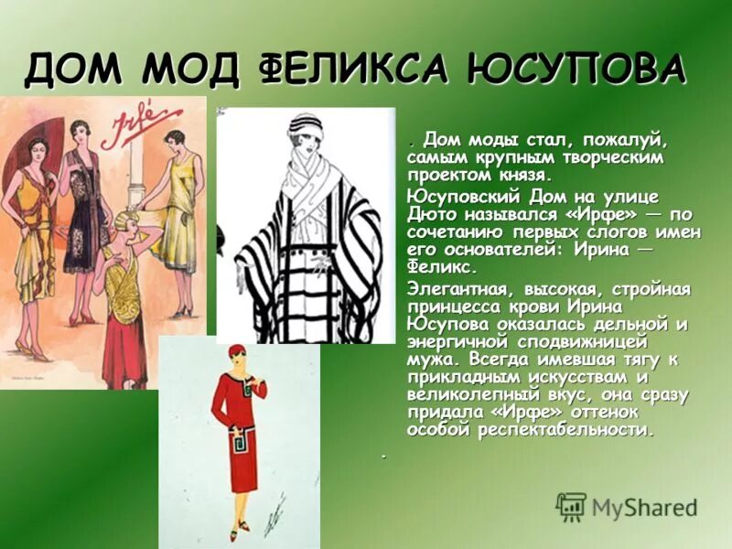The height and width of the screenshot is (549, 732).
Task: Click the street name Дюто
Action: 432,214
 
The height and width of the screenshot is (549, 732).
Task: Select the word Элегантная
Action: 462,289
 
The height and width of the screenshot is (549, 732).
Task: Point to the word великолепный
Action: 466,394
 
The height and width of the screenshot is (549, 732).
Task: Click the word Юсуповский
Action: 462,197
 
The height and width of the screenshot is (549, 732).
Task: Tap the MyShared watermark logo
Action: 627,508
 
